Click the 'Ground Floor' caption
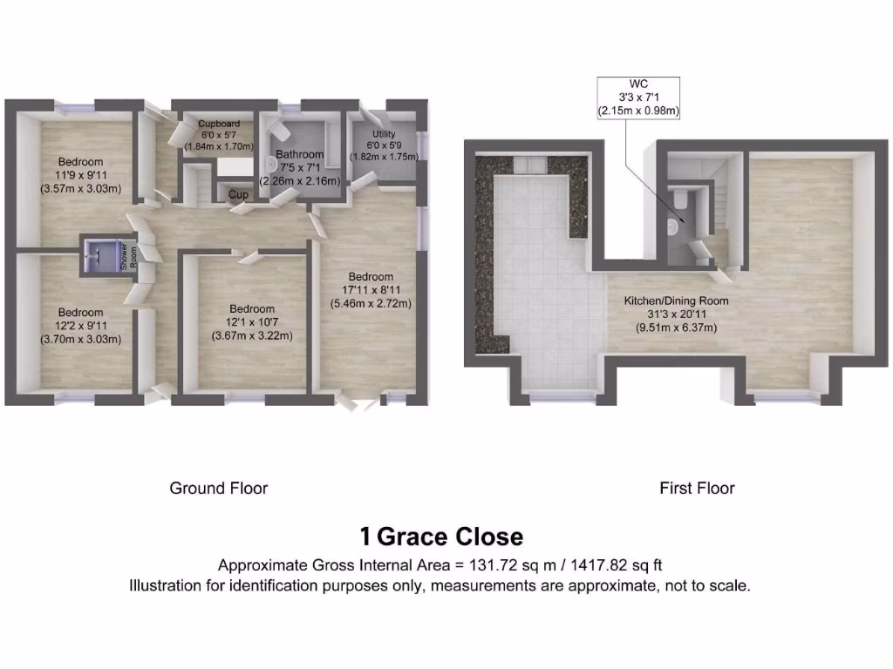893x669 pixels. pos(218,488)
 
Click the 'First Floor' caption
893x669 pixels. pos(697,488)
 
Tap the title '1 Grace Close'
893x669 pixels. pos(441,536)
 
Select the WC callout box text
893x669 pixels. pos(637,97)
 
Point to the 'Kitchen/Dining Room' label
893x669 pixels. pos(676,301)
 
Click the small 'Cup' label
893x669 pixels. pos(236,193)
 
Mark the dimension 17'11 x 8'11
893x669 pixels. pos(371,290)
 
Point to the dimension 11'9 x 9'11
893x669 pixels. pos(81,174)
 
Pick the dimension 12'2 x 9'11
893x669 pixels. pos(81,326)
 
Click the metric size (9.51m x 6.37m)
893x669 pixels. pos(676,328)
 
